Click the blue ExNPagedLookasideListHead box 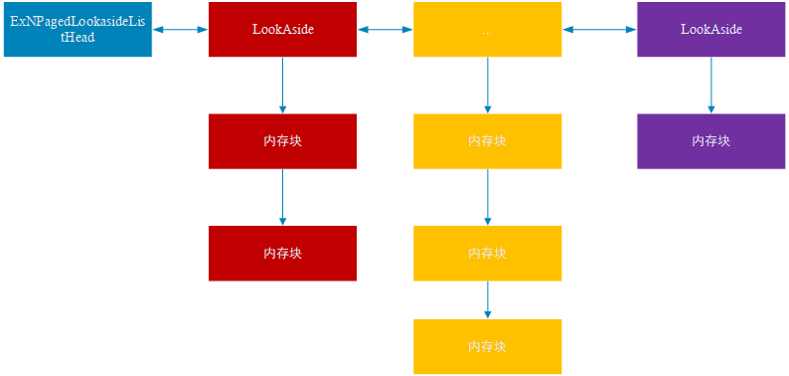click(x=78, y=29)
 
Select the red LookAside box click(x=282, y=29)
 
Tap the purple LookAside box click(x=710, y=29)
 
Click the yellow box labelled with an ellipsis click(x=487, y=29)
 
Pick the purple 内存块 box click(x=710, y=141)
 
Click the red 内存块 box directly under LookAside click(x=282, y=141)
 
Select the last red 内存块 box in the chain click(x=282, y=253)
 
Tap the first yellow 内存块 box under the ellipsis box click(x=487, y=141)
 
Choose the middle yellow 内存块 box click(x=487, y=253)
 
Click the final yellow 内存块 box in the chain click(x=487, y=346)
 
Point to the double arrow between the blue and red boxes click(x=180, y=29)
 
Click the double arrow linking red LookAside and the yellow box click(x=385, y=29)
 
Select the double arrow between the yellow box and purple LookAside click(x=599, y=29)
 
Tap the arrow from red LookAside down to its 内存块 click(x=282, y=86)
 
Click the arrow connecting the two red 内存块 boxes click(x=282, y=197)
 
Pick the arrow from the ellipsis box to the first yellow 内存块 click(x=487, y=86)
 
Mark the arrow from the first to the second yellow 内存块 click(x=487, y=197)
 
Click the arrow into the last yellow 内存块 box click(x=487, y=299)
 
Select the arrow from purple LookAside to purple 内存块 click(x=710, y=86)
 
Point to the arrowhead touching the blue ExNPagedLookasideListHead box click(x=157, y=29)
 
